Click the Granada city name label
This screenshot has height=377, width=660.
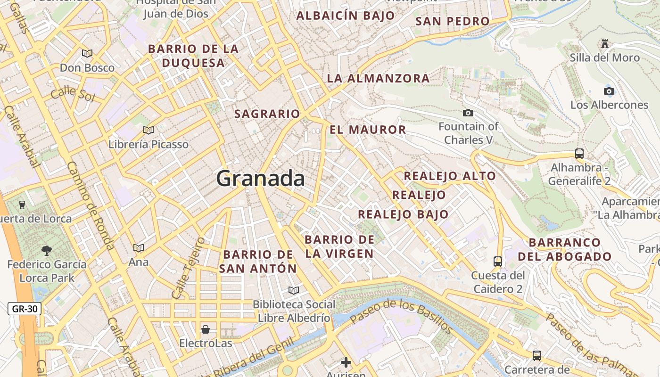pyautogui.click(x=260, y=179)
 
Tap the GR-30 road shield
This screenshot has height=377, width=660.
pyautogui.click(x=25, y=309)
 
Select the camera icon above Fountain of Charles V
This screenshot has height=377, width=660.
pyautogui.click(x=468, y=113)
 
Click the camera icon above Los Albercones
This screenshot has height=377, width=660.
pyautogui.click(x=609, y=91)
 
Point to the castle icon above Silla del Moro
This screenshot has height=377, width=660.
pyautogui.click(x=604, y=44)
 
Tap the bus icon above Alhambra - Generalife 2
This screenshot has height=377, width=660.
pyautogui.click(x=579, y=154)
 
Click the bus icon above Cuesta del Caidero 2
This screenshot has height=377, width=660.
pyautogui.click(x=497, y=261)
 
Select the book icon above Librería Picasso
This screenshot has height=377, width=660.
pyautogui.click(x=148, y=130)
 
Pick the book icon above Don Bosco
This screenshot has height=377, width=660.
pyautogui.click(x=87, y=53)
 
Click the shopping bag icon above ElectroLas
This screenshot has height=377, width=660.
pyautogui.click(x=206, y=329)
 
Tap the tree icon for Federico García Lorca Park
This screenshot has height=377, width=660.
pyautogui.click(x=47, y=250)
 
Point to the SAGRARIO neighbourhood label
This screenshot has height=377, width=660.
pyautogui.click(x=267, y=114)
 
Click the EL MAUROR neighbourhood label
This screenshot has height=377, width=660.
pyautogui.click(x=368, y=130)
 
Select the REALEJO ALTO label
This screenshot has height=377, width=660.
pyautogui.click(x=450, y=176)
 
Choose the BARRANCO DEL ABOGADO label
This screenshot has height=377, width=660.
pyautogui.click(x=565, y=250)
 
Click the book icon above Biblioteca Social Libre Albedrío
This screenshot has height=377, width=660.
pyautogui.click(x=294, y=290)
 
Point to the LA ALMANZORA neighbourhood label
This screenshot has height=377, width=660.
pyautogui.click(x=378, y=78)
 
